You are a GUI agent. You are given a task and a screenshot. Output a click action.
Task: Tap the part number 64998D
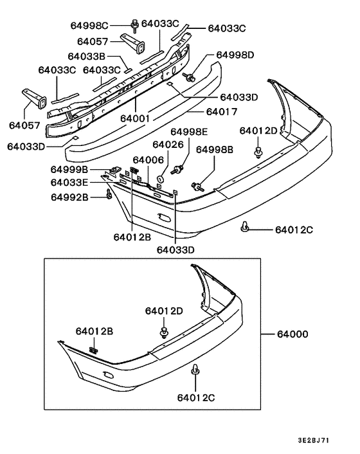tap(235, 55)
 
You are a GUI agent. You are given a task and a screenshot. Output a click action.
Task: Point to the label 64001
tap(137, 118)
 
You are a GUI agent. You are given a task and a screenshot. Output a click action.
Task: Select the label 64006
tap(149, 159)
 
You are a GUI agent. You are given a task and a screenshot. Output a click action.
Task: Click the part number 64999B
tap(69, 170)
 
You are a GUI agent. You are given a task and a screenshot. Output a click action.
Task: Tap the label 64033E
tap(69, 183)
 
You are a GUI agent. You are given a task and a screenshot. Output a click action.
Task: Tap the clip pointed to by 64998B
tap(198, 186)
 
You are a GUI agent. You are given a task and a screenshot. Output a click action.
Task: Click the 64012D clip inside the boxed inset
tap(165, 332)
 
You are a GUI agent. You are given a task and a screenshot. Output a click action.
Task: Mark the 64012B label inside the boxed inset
tap(94, 332)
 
